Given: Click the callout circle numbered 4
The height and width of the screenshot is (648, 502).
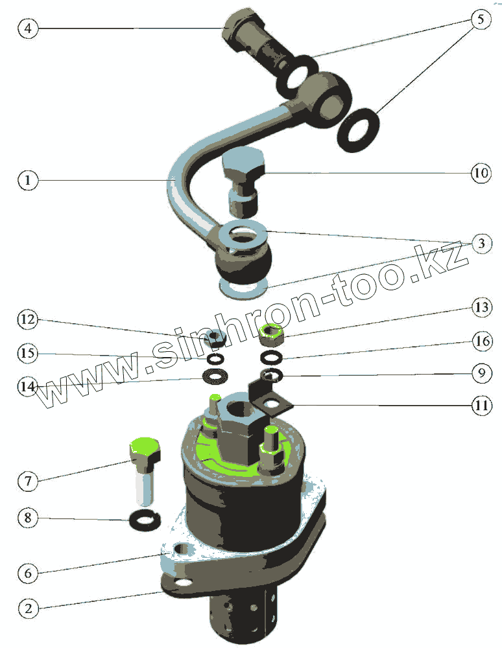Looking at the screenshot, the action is tap(28, 29).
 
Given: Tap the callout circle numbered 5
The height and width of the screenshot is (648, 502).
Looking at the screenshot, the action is tap(481, 19).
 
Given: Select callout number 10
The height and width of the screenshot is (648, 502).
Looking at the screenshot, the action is tap(481, 173).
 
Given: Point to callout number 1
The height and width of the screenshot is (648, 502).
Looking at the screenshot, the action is tap(28, 180).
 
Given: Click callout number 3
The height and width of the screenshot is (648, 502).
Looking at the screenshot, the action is tap(481, 244).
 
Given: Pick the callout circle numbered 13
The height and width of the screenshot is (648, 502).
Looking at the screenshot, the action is tap(482, 307).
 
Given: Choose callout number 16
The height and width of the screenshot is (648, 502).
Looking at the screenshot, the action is tap(482, 341).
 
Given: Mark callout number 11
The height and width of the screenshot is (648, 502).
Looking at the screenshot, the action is tap(482, 406).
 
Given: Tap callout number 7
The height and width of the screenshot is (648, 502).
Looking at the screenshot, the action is tap(28, 481).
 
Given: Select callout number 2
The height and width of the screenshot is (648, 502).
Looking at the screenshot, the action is tap(28, 608).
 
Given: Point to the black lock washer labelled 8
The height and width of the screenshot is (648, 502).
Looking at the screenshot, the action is tap(145, 520).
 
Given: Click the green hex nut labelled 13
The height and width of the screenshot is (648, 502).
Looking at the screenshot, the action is tap(271, 335).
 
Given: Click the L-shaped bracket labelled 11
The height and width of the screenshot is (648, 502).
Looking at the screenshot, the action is tap(269, 398).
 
